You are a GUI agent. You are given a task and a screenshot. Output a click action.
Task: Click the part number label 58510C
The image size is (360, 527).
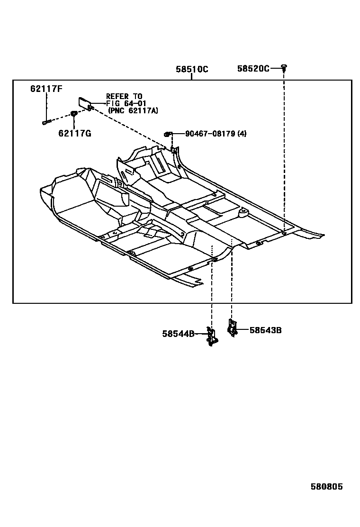[x=192, y=69]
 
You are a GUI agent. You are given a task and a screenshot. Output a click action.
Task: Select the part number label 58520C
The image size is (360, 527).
[x=253, y=69]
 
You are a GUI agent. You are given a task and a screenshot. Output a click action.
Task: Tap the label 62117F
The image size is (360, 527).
[x=46, y=89]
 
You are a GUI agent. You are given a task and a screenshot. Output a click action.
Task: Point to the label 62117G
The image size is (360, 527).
[x=75, y=134]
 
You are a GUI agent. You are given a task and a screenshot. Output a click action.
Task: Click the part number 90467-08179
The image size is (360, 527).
[x=210, y=134]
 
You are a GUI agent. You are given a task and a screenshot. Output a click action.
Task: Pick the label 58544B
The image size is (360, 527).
[x=178, y=334]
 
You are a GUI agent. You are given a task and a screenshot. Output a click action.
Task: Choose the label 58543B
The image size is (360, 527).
[x=265, y=330]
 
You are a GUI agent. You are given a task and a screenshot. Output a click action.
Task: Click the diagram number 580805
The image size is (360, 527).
[x=326, y=487]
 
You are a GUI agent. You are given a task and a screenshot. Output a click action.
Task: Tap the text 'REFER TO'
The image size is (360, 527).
[x=124, y=97]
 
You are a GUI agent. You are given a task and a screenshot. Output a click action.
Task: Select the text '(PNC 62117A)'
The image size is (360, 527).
[x=133, y=110]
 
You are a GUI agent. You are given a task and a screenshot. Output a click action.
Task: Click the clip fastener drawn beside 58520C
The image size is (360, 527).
[x=284, y=68]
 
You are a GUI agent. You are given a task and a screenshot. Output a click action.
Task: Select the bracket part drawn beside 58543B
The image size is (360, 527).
[x=232, y=327]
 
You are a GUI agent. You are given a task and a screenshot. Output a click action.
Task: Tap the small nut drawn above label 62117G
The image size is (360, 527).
[x=74, y=113]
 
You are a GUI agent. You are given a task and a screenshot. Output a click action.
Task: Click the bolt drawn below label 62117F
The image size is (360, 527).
[x=46, y=122]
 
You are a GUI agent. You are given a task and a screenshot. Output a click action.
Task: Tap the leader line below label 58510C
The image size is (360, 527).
[x=191, y=77]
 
